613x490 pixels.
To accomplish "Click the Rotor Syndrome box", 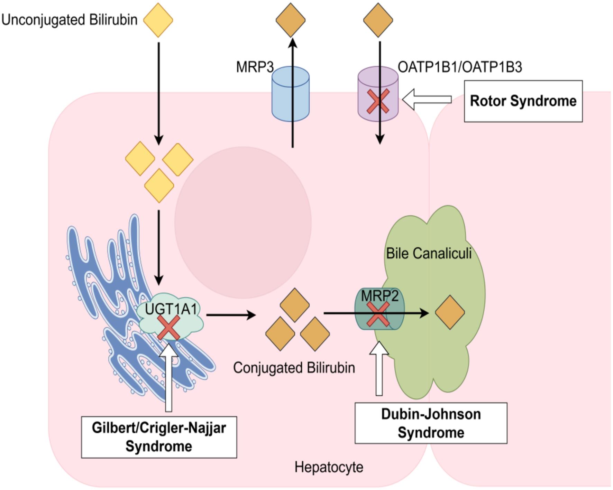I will click(523, 101).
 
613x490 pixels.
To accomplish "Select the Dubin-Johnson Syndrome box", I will click(431, 423).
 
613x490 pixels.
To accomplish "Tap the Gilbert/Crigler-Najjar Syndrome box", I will click(159, 437).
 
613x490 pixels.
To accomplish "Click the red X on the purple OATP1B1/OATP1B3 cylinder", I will click(378, 101).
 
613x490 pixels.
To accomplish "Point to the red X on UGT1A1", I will click(168, 327).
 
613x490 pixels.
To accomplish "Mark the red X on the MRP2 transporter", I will click(378, 314).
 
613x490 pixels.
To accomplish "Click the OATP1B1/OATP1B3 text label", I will click(459, 67).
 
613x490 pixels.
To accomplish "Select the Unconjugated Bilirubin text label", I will click(69, 20).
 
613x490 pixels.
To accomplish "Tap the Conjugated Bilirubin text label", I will click(294, 368).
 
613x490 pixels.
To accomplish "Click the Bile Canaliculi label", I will click(429, 253).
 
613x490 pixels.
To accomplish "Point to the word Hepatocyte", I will click(329, 467).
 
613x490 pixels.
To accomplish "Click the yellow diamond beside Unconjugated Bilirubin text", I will click(158, 20).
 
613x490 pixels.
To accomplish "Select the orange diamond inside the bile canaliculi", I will click(450, 312).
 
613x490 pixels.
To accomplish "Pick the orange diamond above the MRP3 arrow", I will click(291, 20).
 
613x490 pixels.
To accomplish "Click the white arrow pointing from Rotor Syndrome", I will click(427, 100).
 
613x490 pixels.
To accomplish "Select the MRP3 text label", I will click(255, 67).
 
